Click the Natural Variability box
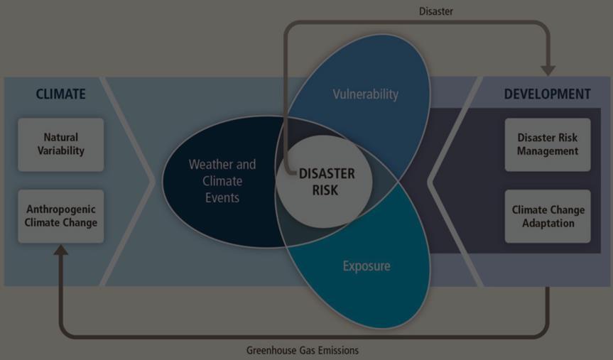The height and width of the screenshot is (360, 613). (60, 144)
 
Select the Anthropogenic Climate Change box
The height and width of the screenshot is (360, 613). (60, 216)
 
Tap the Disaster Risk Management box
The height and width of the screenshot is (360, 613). (547, 144)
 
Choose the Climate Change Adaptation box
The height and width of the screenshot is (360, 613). (548, 216)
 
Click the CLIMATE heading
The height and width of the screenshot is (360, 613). (60, 94)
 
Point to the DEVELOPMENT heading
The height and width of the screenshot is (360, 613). (547, 94)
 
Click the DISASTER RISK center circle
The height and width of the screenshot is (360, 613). (325, 182)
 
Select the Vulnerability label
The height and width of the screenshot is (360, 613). (365, 94)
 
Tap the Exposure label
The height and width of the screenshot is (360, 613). (367, 266)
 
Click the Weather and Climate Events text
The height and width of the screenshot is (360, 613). (222, 180)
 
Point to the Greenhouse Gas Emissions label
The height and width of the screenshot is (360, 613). (302, 350)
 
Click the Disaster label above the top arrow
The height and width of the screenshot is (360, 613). (435, 11)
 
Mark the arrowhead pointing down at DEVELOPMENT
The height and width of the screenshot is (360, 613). (548, 70)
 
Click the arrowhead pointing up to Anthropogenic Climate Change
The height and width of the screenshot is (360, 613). (62, 251)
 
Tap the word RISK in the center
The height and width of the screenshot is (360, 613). (326, 190)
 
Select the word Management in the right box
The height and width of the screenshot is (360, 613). (547, 151)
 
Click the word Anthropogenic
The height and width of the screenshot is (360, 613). (60, 209)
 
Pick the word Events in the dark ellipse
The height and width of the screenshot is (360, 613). (222, 197)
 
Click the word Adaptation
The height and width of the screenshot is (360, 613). (548, 223)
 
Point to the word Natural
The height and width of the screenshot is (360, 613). (60, 137)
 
